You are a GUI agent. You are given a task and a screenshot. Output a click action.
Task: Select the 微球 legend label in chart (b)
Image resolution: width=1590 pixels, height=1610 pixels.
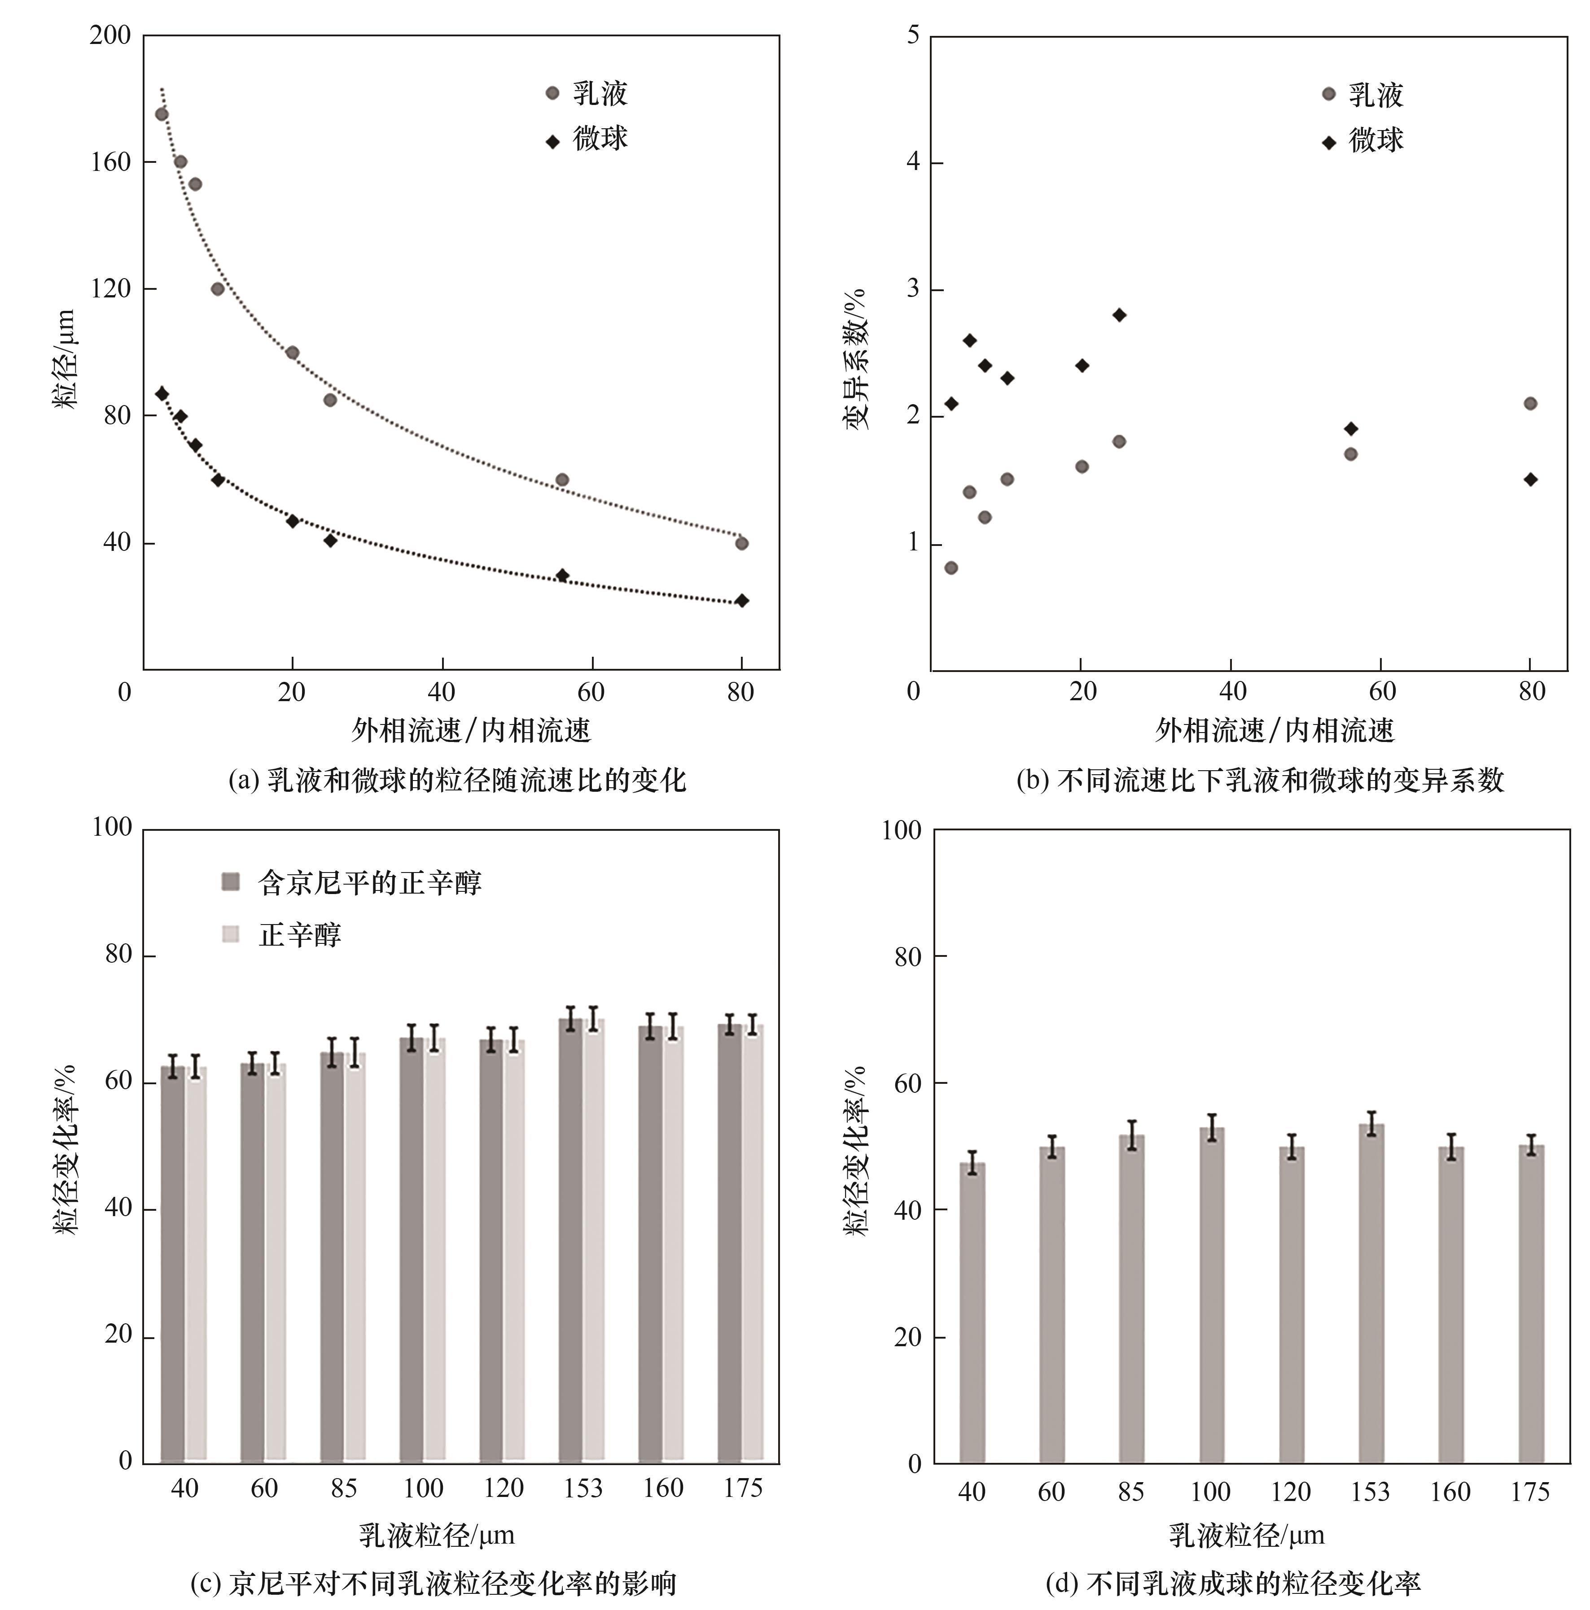click(1376, 140)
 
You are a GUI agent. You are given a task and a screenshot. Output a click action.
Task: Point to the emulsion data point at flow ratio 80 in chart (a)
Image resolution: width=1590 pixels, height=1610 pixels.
click(741, 543)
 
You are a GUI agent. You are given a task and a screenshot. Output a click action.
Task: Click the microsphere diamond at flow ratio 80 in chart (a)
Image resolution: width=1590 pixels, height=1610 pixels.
click(741, 601)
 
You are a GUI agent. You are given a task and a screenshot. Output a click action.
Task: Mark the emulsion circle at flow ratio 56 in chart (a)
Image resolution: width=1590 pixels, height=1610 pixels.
click(562, 480)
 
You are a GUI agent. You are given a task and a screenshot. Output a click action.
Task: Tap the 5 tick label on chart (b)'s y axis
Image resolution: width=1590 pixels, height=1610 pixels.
click(913, 36)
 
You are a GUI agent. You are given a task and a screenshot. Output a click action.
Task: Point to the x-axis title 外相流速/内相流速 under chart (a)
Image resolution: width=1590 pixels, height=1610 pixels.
click(471, 731)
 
